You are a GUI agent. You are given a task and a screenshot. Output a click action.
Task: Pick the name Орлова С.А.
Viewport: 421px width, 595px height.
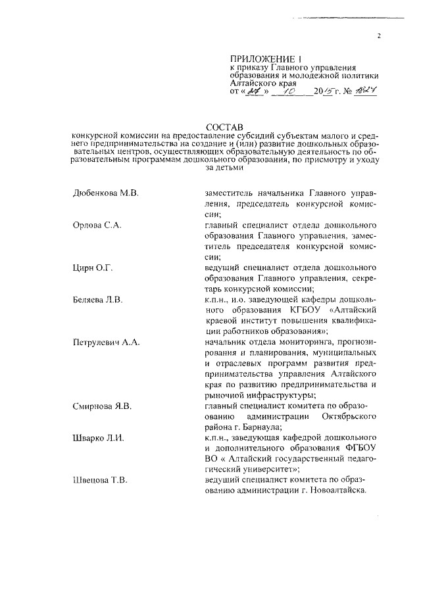98,225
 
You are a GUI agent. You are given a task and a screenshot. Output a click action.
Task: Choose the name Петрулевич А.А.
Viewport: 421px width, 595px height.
108,343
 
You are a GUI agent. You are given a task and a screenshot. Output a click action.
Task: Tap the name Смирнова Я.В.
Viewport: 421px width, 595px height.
103,406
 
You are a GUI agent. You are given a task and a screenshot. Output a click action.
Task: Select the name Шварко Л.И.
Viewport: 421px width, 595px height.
101,438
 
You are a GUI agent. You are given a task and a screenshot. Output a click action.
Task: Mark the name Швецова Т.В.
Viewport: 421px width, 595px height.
100,481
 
